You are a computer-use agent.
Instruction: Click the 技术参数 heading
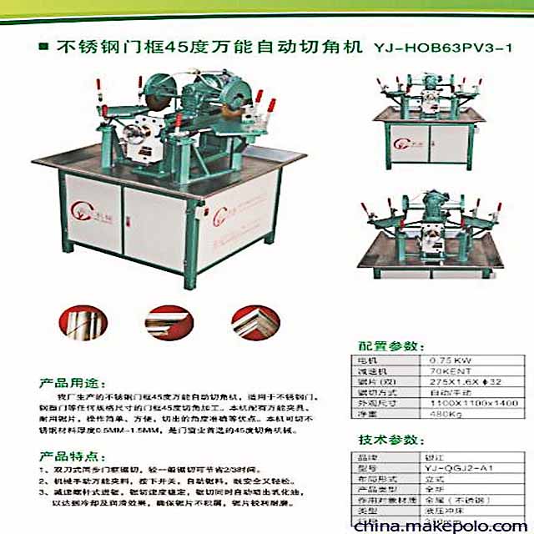(x=384, y=441)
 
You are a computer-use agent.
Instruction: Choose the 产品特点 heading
(x=65, y=456)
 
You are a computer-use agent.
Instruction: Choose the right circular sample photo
(x=252, y=320)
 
